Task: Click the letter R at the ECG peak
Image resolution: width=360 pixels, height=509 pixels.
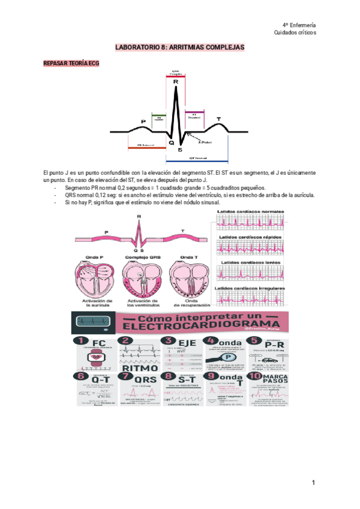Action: (175, 82)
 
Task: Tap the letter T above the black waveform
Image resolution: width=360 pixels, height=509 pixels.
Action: (218, 118)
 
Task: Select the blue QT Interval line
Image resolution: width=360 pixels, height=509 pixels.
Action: (197, 161)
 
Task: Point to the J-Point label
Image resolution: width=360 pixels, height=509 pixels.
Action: (205, 142)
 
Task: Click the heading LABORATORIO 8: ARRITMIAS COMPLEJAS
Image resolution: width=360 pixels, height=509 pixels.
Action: (180, 47)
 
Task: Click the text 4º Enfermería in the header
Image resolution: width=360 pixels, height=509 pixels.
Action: (299, 25)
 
